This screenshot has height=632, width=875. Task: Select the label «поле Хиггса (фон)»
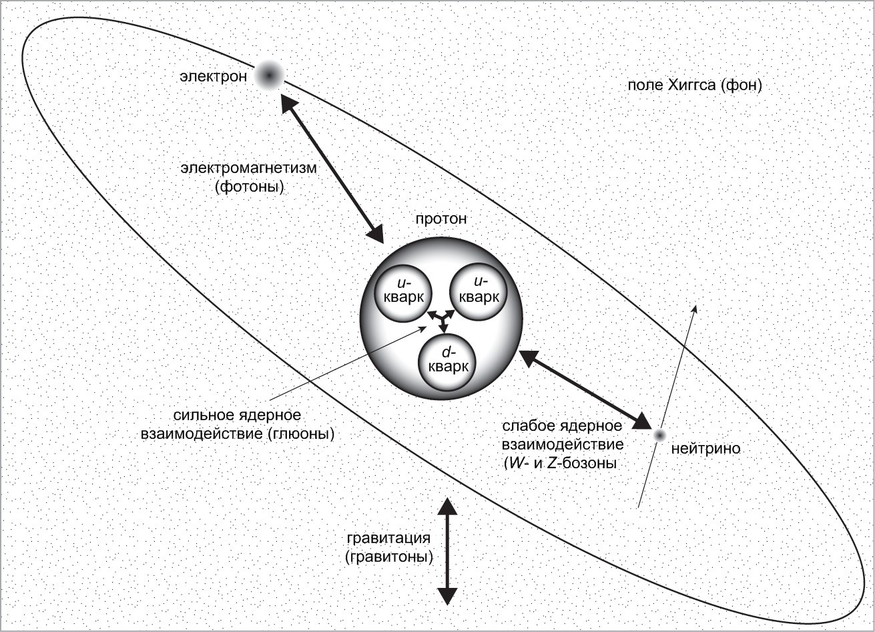694,86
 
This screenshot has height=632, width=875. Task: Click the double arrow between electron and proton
332,168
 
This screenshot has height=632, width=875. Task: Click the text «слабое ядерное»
563,426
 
